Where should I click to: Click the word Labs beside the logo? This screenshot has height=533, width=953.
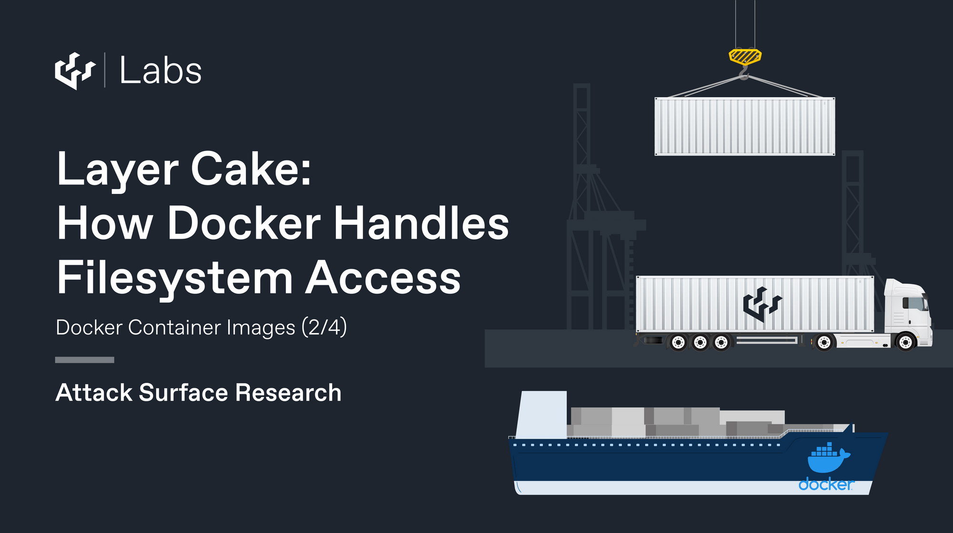[161, 71]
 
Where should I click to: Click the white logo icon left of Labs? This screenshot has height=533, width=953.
[75, 71]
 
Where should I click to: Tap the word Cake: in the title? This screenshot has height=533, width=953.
[251, 170]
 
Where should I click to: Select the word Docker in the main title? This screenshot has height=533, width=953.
[244, 223]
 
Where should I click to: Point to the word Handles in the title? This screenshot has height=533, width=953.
[421, 223]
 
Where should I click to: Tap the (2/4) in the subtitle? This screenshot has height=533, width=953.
[324, 328]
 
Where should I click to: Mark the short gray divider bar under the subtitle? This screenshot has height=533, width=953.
[85, 360]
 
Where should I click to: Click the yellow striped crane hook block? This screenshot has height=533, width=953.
[745, 57]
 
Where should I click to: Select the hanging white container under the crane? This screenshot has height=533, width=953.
[744, 127]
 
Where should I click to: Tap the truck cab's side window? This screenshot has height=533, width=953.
[914, 303]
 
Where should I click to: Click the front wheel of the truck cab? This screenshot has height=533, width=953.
[905, 342]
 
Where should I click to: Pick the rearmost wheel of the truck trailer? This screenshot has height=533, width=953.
[678, 342]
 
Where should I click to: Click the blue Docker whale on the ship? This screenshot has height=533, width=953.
[828, 458]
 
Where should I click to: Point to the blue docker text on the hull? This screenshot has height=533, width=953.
[826, 484]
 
